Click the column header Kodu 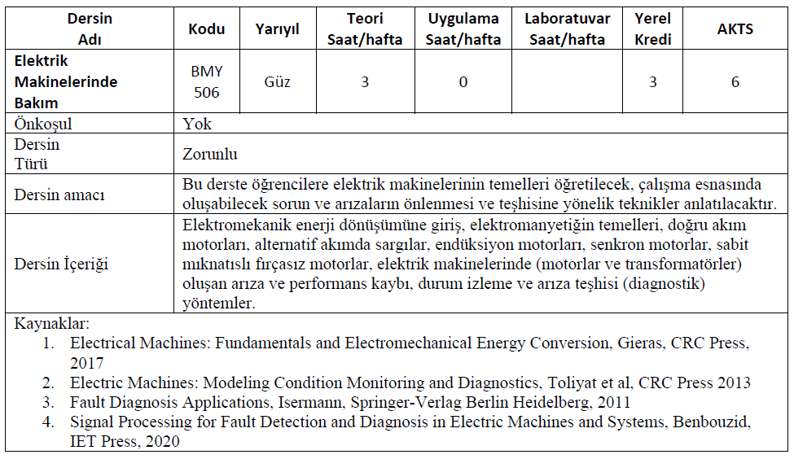click(x=206, y=29)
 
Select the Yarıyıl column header click(x=277, y=29)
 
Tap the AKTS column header click(x=735, y=29)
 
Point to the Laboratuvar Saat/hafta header click(x=564, y=29)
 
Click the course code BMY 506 click(x=206, y=81)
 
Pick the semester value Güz click(x=277, y=81)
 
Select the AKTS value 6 click(x=735, y=82)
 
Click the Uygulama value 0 click(x=463, y=81)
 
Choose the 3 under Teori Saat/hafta click(x=364, y=81)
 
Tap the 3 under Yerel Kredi click(x=652, y=82)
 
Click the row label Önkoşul click(x=43, y=125)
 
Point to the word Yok click(x=198, y=125)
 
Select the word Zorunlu click(x=210, y=154)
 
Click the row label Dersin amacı click(x=59, y=195)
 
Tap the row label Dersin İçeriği click(x=61, y=264)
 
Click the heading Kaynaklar click(x=52, y=324)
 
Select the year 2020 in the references click(x=160, y=441)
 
